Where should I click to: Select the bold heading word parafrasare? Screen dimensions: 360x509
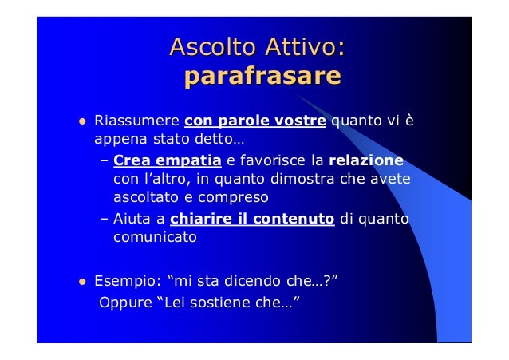[262, 77]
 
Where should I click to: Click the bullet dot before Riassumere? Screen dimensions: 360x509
[81, 123]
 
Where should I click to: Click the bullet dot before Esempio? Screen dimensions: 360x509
[81, 282]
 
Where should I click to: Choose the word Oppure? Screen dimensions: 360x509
[123, 303]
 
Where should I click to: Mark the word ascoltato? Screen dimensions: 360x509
[144, 196]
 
